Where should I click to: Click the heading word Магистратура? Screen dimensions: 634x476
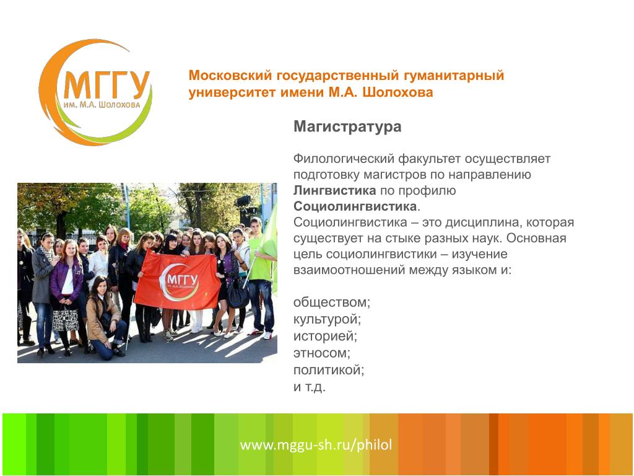(347, 126)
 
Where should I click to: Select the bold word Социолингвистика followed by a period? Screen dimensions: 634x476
(357, 206)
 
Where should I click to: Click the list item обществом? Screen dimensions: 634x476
(332, 302)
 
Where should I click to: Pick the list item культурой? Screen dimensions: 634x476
(327, 319)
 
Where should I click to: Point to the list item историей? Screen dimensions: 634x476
(325, 336)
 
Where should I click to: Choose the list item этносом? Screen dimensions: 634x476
(322, 353)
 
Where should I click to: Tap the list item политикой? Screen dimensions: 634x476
(329, 370)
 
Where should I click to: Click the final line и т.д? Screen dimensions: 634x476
(310, 387)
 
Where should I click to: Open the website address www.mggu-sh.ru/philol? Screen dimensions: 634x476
(316, 445)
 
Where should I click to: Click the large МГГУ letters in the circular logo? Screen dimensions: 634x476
(106, 85)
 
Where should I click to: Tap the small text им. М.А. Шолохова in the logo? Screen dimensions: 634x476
(102, 105)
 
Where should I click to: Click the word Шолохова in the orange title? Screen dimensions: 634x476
(397, 92)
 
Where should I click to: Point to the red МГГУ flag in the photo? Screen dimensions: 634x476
(176, 280)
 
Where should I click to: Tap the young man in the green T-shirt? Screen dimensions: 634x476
(259, 275)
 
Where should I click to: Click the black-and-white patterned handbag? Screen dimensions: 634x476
(66, 320)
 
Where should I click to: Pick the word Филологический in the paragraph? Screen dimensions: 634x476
(344, 159)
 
